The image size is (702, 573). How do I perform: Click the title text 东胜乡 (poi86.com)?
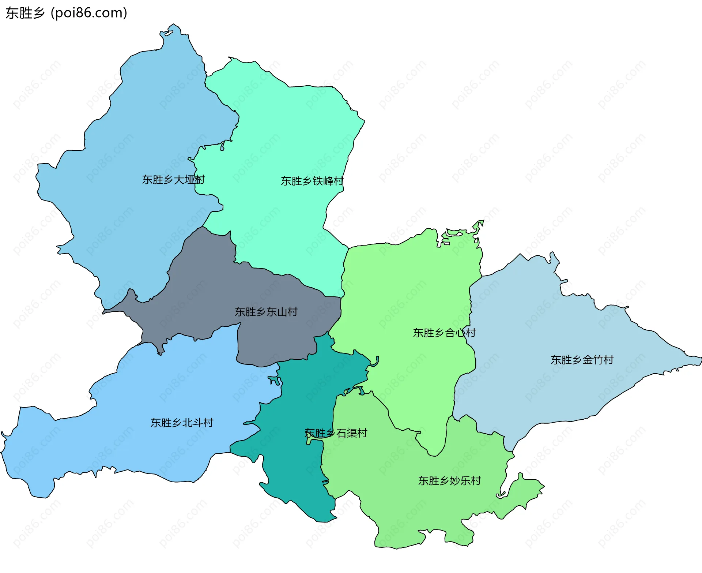67,13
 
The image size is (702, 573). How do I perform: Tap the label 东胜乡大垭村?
173,180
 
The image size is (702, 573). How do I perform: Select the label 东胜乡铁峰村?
312,181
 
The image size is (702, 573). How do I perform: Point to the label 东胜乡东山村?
266,312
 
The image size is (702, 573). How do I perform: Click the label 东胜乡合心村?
444,333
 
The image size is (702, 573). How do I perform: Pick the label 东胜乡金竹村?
582,360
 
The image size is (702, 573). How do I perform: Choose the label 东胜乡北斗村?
182,423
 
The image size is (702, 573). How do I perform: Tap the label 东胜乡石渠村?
336,433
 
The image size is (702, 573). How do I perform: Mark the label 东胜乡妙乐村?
449,480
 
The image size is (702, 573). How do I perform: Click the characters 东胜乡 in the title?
25,13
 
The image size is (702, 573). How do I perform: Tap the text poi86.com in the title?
89,13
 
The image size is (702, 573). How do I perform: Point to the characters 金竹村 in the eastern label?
598,360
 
